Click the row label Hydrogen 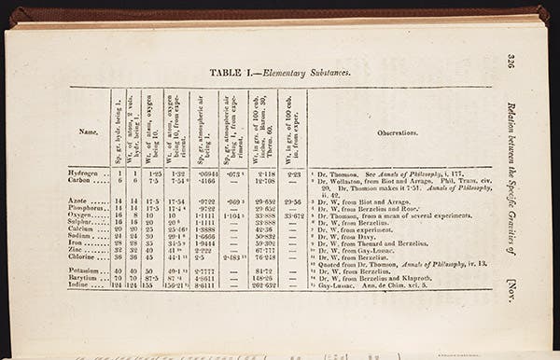pos(85,173)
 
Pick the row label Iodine pos(82,284)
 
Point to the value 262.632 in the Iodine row pos(263,284)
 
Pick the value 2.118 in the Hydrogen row pos(263,173)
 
